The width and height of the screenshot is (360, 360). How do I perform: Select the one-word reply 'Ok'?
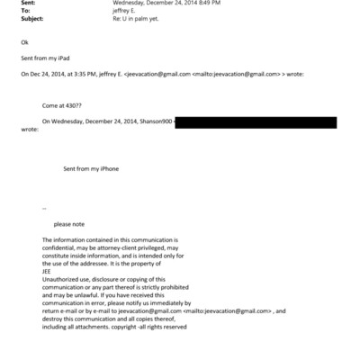click(x=23, y=41)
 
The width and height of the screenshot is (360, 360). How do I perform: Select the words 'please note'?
click(x=68, y=223)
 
